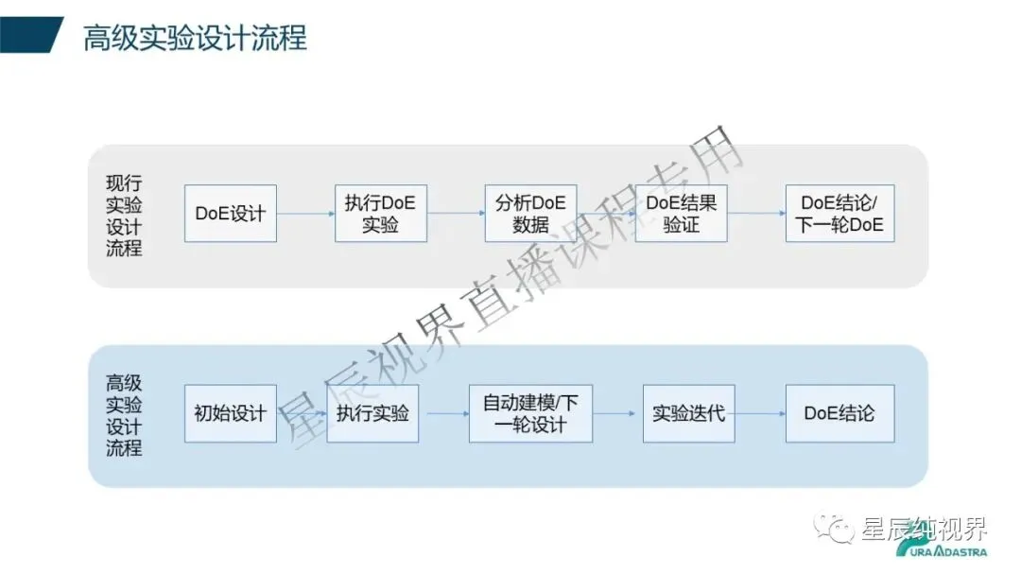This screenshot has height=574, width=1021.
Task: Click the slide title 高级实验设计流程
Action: [195, 39]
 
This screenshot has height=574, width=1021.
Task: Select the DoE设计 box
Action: [230, 213]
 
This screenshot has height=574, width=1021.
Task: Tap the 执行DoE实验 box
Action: [380, 213]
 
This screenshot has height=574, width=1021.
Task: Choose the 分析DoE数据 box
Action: [530, 213]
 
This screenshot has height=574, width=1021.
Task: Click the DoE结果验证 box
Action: [681, 213]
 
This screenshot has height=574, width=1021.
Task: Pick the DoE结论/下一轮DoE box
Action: [839, 213]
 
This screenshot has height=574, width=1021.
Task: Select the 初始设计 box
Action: [230, 413]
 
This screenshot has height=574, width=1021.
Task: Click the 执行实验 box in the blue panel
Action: [372, 413]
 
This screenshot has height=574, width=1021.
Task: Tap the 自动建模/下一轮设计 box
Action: [530, 413]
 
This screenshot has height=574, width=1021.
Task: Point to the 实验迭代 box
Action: [688, 413]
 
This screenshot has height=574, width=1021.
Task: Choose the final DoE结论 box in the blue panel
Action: [839, 413]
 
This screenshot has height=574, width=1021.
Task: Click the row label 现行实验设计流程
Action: [124, 216]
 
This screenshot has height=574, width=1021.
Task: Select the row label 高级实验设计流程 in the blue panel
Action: [124, 415]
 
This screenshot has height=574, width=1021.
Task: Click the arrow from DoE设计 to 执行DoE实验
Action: [305, 214]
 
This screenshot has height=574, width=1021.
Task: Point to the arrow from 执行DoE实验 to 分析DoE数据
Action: [456, 214]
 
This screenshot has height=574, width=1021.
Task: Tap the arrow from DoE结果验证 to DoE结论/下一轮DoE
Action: [755, 214]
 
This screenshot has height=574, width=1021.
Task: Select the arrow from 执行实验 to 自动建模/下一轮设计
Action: [443, 413]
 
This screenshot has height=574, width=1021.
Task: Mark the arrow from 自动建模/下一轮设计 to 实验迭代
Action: [617, 413]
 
